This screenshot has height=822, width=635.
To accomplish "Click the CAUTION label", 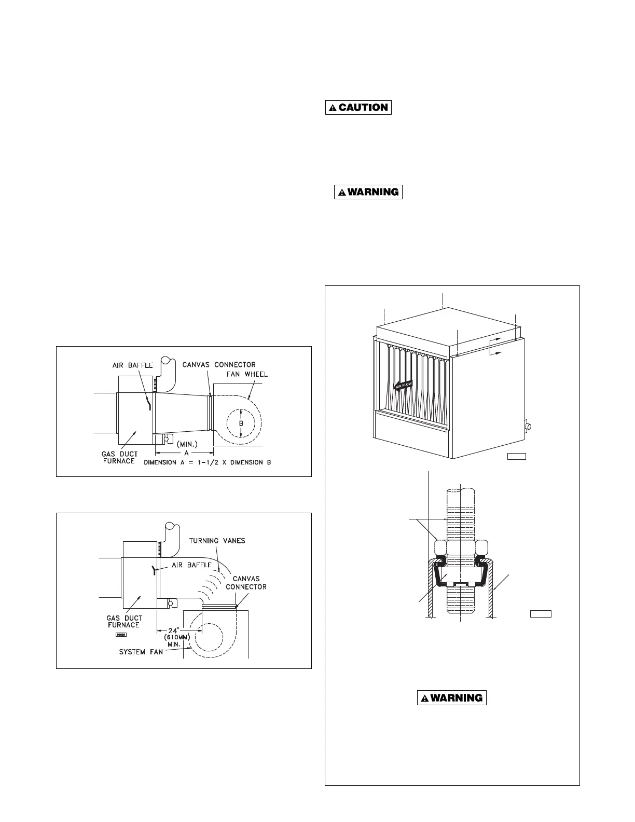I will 358,107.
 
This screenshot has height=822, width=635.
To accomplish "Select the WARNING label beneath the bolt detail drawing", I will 451,697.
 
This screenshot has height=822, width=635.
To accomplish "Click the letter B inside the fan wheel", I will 241,423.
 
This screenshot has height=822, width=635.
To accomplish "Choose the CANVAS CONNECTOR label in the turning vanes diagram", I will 246,583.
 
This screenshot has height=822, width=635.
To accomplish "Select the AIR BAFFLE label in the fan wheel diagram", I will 133,365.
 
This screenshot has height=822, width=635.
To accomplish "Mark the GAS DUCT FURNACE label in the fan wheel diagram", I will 119,457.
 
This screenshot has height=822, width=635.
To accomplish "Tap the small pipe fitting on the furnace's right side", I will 528,426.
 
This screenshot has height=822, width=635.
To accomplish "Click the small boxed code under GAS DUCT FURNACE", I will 121,634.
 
